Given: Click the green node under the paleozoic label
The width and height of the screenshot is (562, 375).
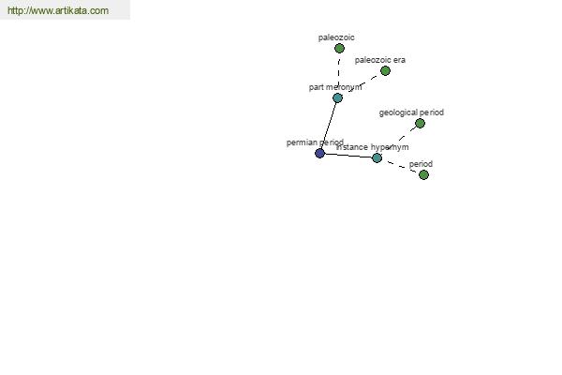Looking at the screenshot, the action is tap(339, 48).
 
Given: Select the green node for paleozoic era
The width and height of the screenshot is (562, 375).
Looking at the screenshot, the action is tap(385, 70).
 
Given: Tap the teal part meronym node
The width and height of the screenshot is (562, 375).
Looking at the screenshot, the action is tap(337, 97).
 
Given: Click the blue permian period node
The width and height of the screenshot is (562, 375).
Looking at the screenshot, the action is tap(319, 153).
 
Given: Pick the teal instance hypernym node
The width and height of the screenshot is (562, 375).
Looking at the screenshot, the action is tap(377, 157).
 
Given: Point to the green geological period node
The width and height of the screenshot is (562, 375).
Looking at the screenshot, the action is tap(420, 124).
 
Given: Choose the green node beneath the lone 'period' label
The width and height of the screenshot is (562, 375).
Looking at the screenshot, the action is tap(423, 174).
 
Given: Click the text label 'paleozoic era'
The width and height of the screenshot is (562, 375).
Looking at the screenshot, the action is tap(380, 60).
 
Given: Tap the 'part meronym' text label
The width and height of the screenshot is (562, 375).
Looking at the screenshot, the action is tap(335, 87).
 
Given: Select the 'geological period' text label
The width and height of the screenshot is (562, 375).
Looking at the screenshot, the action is tap(411, 112).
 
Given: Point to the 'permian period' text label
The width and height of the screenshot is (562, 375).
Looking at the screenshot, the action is tap(315, 142).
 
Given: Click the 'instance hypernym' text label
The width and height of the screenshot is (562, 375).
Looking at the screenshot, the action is tap(373, 147).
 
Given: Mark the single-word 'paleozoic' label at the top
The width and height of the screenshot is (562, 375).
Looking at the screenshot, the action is tap(336, 37).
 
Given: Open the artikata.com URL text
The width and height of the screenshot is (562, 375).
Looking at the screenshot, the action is tap(58, 10).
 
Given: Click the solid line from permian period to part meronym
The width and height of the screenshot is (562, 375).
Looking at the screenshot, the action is tap(329, 126).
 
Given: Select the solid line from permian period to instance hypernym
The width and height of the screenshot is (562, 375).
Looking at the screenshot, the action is tap(348, 156).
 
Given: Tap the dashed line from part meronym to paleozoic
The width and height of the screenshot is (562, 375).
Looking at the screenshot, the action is tap(339, 73).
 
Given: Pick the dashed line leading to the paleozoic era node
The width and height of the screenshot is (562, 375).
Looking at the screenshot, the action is tap(362, 84).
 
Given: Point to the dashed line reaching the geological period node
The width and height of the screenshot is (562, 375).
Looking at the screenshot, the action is tap(399, 141).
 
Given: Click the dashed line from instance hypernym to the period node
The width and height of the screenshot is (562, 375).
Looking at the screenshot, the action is tap(400, 166).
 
